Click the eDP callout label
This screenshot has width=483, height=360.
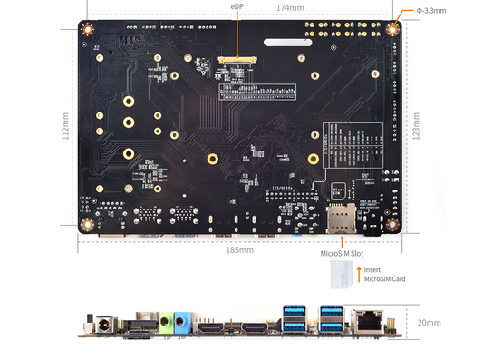tap(237, 7)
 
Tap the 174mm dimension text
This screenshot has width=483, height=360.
tap(289, 7)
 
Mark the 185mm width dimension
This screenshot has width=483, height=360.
tap(239, 249)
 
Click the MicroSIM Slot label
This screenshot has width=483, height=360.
tap(341, 254)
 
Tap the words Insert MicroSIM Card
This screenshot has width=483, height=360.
tap(384, 274)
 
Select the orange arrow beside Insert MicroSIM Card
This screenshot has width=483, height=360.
tap(358, 269)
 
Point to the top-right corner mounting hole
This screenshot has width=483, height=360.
tap(393, 28)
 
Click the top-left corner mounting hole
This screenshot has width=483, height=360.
tap(89, 28)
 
